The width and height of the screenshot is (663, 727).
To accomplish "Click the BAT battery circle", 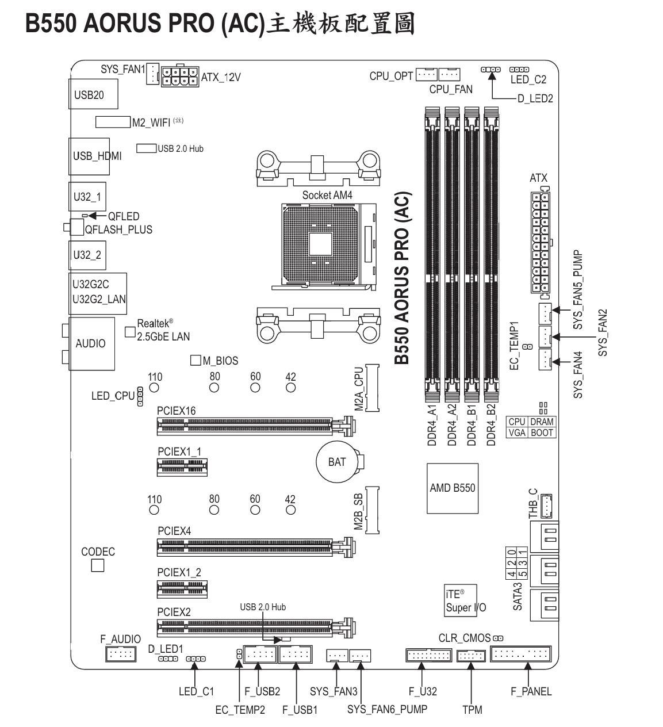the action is click(x=337, y=461).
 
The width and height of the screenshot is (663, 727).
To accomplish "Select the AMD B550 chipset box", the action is click(x=452, y=488).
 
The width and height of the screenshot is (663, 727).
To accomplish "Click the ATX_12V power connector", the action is click(x=180, y=76).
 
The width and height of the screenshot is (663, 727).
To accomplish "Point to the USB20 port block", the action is click(x=93, y=94).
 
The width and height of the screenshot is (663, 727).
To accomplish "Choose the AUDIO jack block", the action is click(x=91, y=343).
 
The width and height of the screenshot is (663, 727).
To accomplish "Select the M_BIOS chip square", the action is click(x=196, y=360).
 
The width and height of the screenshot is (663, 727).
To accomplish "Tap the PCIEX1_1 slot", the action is click(x=182, y=467).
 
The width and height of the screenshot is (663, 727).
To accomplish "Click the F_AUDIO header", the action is click(x=121, y=654).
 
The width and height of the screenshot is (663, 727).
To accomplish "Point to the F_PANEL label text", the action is click(x=531, y=691).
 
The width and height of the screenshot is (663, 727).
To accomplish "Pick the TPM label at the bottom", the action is click(x=472, y=709).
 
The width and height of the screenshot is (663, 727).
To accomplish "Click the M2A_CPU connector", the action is click(x=372, y=388).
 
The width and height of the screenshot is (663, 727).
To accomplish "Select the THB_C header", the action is click(x=546, y=506).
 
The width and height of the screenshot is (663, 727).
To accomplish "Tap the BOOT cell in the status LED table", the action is click(x=542, y=433).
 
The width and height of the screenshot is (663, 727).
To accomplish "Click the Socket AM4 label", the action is click(x=327, y=196).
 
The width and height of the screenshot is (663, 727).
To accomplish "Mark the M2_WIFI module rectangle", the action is click(x=113, y=122).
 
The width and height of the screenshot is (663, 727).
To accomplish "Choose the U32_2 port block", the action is click(x=87, y=255).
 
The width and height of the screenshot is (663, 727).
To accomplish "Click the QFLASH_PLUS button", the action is click(x=76, y=227).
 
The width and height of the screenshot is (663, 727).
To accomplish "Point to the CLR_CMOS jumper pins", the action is click(x=498, y=638).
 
